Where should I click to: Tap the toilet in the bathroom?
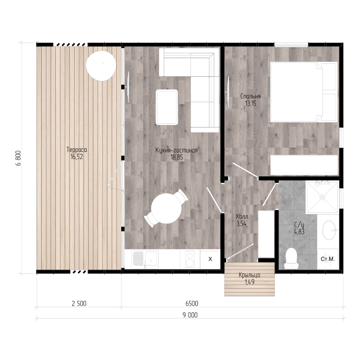click(291, 258)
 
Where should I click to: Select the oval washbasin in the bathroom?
click(329, 230)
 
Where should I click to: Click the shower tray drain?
click(322, 197)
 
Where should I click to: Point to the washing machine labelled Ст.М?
click(328, 259)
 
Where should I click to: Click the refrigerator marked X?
click(210, 259)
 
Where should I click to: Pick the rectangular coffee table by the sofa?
click(167, 107)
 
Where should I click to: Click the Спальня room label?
click(251, 96)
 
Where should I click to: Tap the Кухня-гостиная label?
click(176, 150)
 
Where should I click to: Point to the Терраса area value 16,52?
click(77, 157)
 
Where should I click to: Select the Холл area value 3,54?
click(242, 224)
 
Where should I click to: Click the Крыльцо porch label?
click(249, 275)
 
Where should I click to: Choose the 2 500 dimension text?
click(79, 303)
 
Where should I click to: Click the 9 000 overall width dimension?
click(190, 315)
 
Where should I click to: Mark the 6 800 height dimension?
click(19, 158)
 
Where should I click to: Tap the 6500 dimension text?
click(192, 303)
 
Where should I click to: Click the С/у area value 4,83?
click(299, 231)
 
